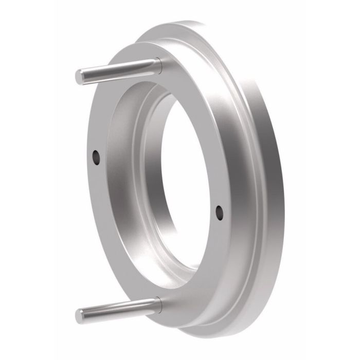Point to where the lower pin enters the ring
[x=158, y=305]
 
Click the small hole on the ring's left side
[x=96, y=156]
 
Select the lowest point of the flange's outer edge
[x=206, y=337]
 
